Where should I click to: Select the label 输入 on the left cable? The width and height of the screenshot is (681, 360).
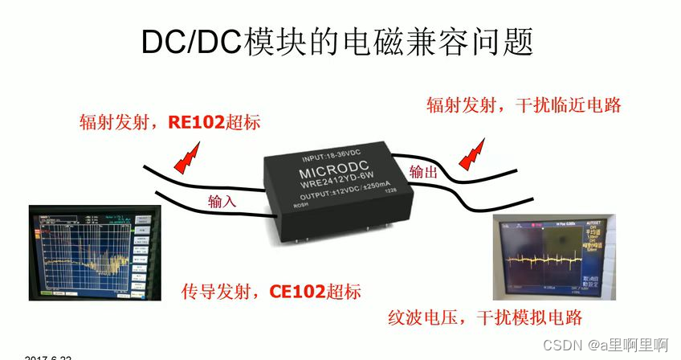pos(222,201)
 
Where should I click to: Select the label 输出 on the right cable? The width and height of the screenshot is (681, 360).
pos(423,171)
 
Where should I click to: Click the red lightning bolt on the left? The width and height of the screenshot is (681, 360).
pos(190,154)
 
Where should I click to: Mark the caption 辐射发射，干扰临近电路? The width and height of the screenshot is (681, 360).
pos(524,105)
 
